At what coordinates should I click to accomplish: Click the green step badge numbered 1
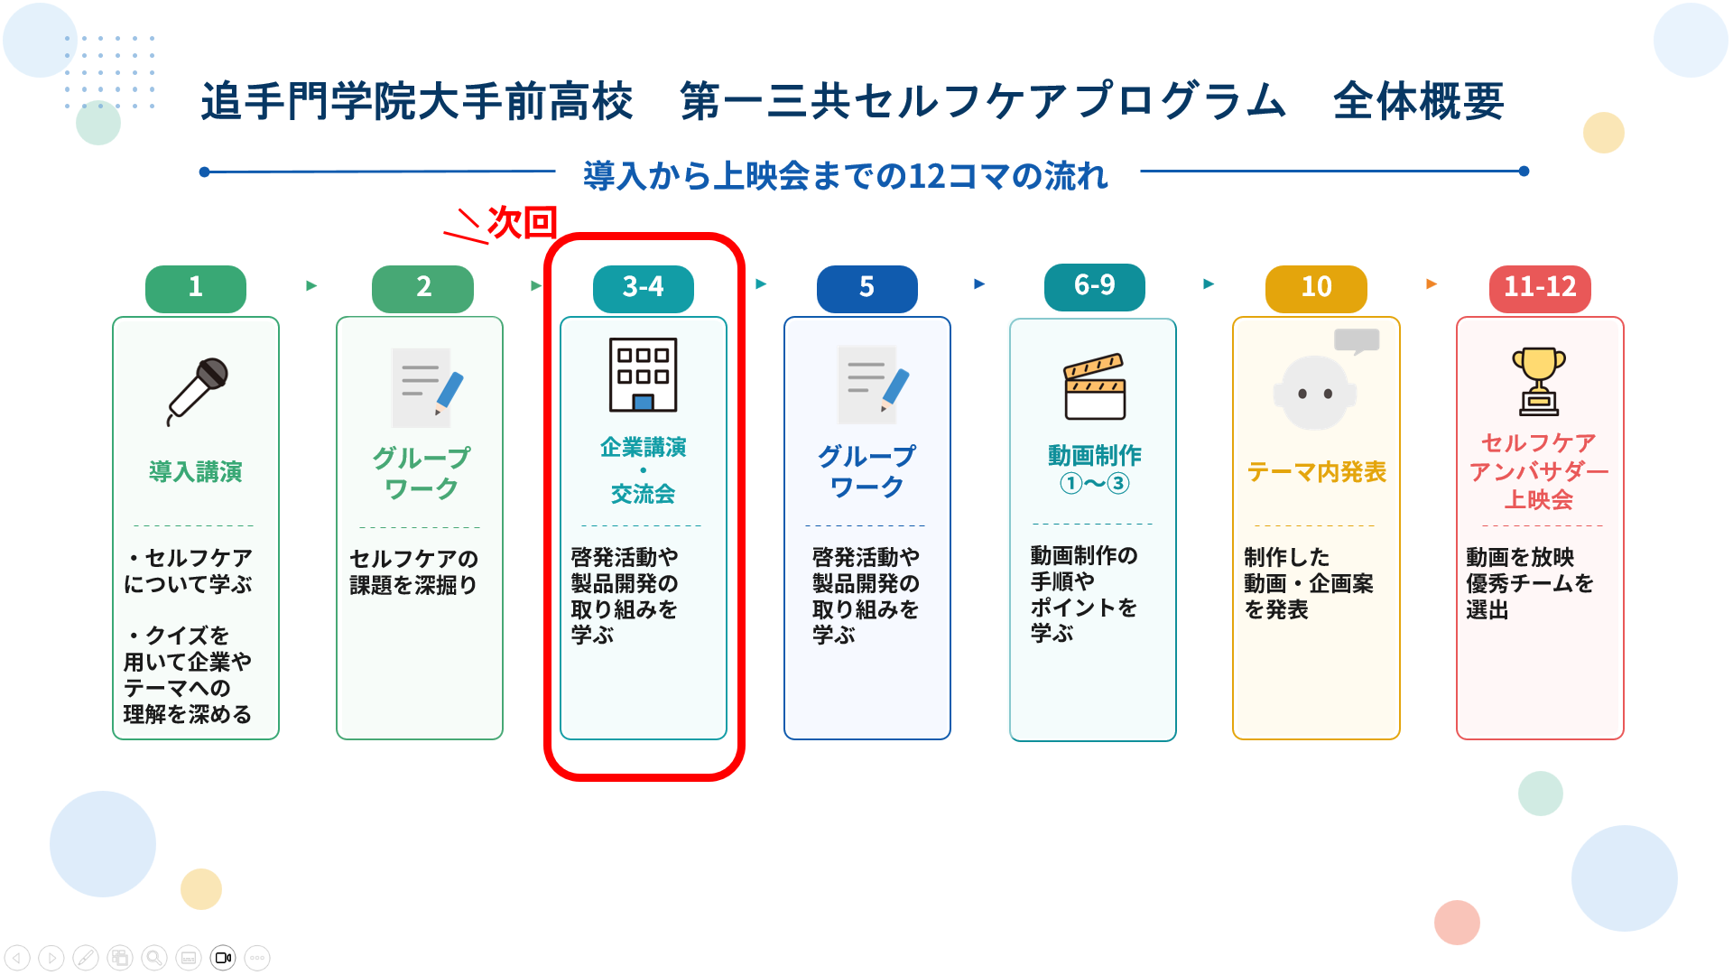coord(196,288)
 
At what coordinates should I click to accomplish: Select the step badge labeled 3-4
coord(644,288)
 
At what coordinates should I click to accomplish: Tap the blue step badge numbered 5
coord(867,288)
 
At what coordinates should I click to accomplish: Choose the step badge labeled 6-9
coord(1095,286)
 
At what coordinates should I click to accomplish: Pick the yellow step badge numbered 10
coord(1317,288)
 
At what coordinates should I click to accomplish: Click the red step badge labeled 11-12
coord(1540,288)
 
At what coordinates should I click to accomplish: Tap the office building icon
coord(644,375)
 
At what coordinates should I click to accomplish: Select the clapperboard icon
coord(1095,386)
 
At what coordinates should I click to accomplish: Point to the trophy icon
coord(1539,382)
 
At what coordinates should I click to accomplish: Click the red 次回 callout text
coord(522,222)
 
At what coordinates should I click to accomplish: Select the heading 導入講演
coord(196,471)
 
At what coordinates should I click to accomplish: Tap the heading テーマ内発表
coord(1317,471)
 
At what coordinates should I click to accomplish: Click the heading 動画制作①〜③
coord(1095,469)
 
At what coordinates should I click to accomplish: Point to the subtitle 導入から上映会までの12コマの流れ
coord(846,175)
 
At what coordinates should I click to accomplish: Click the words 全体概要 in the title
coord(1419,101)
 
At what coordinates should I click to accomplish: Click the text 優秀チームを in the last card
coord(1530,583)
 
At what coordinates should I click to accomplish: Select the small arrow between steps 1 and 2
coord(311,285)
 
